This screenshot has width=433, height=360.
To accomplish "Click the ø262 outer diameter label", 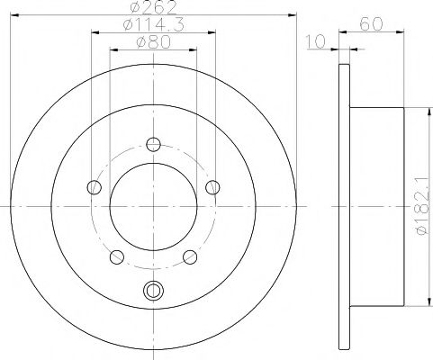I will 151,9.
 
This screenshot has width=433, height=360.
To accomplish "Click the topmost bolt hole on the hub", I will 153,144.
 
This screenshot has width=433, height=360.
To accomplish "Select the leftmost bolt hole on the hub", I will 94,187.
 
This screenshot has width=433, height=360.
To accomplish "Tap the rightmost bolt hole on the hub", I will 212,187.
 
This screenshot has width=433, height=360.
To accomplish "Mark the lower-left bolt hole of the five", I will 116,256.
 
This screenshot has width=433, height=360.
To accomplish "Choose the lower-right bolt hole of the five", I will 190,256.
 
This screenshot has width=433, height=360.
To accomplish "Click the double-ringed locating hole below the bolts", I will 153,291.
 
